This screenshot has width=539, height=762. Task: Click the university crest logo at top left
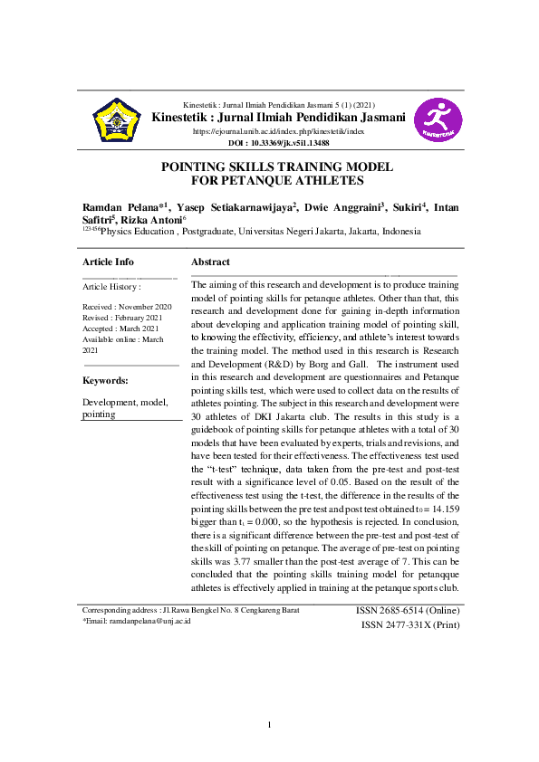coord(117,120)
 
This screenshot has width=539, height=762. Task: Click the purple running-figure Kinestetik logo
coord(438,120)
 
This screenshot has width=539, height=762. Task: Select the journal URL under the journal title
coord(278,131)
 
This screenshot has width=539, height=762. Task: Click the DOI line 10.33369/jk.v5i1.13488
coord(278,143)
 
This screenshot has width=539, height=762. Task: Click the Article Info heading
coord(108,262)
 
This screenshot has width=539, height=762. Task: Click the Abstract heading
coord(210,262)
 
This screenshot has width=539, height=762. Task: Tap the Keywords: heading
coord(105,381)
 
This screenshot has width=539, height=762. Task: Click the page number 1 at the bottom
coord(269,725)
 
